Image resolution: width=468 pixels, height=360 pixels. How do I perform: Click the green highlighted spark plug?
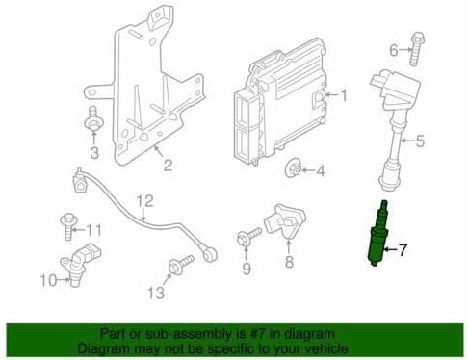pyautogui.click(x=377, y=233)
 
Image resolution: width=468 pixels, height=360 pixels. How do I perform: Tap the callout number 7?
pyautogui.click(x=403, y=249)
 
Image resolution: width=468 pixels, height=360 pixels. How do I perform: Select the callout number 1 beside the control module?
pyautogui.click(x=343, y=95)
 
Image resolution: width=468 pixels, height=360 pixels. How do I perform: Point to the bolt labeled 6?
pyautogui.click(x=415, y=48)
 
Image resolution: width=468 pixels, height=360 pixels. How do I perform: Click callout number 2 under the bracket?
pyautogui.click(x=168, y=165)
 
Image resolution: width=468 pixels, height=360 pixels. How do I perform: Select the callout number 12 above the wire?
pyautogui.click(x=145, y=201)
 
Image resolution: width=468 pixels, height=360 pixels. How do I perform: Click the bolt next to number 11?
pyautogui.click(x=67, y=226)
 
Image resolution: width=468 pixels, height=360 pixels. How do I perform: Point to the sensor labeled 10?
pyautogui.click(x=80, y=262)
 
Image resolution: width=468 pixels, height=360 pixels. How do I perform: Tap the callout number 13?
pyautogui.click(x=156, y=293)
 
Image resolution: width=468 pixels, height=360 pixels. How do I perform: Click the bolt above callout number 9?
pyautogui.click(x=249, y=237)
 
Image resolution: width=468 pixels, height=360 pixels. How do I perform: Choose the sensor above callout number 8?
pyautogui.click(x=283, y=222)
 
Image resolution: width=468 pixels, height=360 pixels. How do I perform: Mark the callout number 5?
pyautogui.click(x=420, y=141)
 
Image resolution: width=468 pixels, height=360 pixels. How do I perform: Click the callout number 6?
pyautogui.click(x=394, y=50)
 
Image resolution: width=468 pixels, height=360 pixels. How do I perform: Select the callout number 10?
pyautogui.click(x=48, y=280)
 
